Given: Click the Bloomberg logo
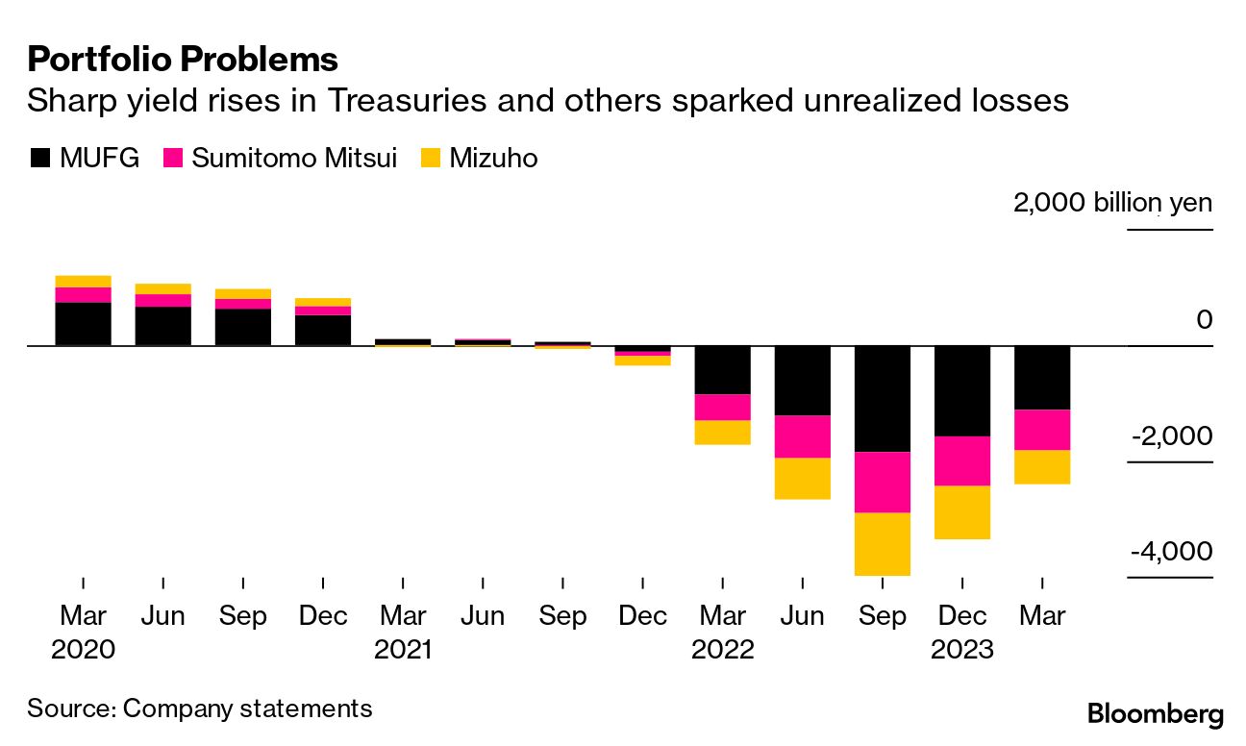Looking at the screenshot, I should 1155,714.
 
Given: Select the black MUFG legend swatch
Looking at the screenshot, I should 39,158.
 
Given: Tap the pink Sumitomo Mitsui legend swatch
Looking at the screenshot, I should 173,158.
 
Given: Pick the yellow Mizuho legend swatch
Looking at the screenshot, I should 430,158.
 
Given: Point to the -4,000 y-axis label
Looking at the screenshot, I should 1171,552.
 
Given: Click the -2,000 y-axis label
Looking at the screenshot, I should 1171,436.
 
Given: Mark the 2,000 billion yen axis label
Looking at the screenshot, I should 1112,204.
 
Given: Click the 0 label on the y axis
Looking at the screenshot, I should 1204,319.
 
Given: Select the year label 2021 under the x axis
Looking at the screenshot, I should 403,650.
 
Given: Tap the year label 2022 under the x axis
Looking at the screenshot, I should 722,650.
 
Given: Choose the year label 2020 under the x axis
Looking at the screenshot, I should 83,650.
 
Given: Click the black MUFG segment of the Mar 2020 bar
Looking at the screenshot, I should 84,324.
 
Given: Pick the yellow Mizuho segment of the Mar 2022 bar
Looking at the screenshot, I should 722,432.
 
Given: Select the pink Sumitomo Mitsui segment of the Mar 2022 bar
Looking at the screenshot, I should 722,407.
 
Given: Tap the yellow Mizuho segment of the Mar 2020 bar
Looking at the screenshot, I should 84,281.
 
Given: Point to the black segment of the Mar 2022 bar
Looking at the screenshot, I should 722,369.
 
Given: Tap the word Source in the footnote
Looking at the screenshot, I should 69,709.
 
